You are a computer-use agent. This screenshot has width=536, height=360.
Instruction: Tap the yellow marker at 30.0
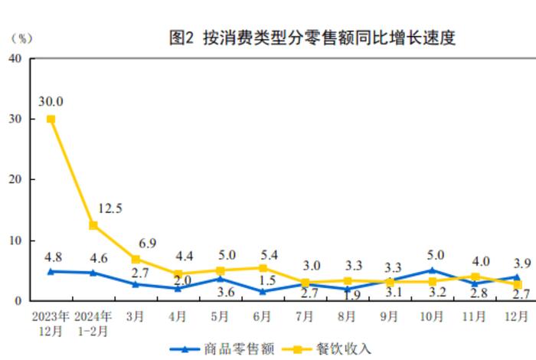click(51, 119)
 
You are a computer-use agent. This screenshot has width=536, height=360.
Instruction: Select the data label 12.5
click(110, 208)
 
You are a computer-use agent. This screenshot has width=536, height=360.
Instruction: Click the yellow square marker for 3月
click(136, 259)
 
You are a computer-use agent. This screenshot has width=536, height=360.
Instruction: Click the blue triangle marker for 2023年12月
click(51, 271)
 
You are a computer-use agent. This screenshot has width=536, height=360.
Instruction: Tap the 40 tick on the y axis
click(15, 59)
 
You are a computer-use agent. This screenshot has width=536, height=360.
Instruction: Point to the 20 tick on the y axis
click(15, 180)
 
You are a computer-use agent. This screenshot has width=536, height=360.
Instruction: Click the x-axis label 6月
click(263, 316)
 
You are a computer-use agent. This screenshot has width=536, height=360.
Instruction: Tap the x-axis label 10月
click(432, 316)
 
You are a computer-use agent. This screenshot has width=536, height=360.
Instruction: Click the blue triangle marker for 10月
click(432, 270)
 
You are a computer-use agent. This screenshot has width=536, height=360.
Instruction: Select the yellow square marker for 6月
click(263, 268)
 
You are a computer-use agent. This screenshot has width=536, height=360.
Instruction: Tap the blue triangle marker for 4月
click(178, 288)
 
